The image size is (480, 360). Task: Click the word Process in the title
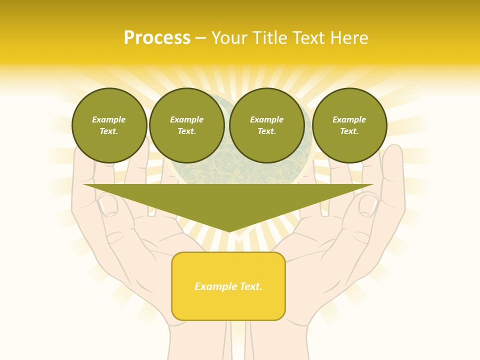157,38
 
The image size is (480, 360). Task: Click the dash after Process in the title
201,38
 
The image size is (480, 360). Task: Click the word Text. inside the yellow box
251,286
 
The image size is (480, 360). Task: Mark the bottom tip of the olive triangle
229,231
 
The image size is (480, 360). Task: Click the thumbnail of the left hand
107,204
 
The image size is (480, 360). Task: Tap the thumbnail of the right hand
368,204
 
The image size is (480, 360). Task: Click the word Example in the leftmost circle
109,119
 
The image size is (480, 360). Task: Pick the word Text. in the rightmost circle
349,131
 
